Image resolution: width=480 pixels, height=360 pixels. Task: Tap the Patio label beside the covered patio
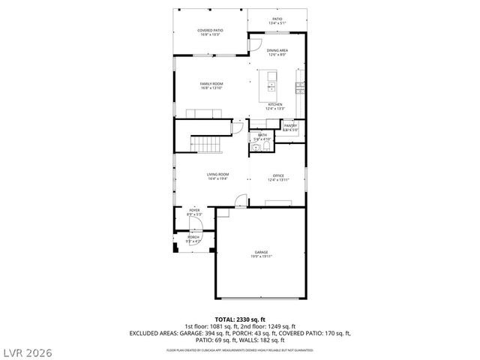tap(277, 19)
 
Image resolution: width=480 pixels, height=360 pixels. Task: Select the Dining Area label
tap(277, 49)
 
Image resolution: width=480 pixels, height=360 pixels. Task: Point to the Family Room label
tap(212, 83)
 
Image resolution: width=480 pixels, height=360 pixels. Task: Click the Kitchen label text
tap(275, 103)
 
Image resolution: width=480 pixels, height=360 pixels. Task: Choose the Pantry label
tap(290, 125)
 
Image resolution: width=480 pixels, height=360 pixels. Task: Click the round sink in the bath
tap(256, 148)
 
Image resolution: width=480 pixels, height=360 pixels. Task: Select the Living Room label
tap(218, 175)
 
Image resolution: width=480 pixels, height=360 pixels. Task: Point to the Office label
tap(278, 175)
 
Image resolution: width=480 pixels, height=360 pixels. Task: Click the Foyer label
tap(194, 211)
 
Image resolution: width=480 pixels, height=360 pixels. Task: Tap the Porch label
tap(193, 237)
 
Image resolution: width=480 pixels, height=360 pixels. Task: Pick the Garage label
tap(261, 252)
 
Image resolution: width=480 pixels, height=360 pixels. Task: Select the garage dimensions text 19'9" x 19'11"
tap(261, 256)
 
